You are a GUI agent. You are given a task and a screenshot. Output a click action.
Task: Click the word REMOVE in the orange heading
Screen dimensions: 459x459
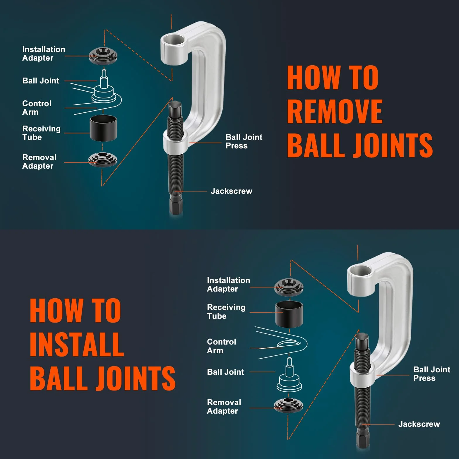tap(335, 111)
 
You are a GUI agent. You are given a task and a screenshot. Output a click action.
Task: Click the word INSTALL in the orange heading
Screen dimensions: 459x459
tap(77, 344)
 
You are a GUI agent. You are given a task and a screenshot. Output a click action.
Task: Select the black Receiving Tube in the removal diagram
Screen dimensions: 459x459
tap(103, 128)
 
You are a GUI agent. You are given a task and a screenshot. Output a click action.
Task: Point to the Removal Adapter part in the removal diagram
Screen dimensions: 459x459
tap(103, 160)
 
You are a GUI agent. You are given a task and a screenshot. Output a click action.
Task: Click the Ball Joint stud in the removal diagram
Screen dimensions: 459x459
tap(104, 79)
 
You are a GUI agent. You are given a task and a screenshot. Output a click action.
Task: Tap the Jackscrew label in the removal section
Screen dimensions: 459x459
tap(231, 191)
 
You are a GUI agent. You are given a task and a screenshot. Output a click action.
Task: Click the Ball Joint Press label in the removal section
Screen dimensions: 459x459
tap(244, 141)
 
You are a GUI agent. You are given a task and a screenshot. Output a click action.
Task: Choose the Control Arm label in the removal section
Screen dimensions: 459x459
tap(37, 108)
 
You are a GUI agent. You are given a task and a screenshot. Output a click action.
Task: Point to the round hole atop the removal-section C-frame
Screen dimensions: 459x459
tap(174, 40)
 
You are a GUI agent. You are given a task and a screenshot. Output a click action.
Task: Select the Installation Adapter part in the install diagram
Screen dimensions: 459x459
tap(289, 287)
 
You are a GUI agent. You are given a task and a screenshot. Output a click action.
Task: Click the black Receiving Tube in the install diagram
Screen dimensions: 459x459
tap(289, 314)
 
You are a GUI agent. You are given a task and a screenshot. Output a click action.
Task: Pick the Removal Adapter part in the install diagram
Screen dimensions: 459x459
tap(288, 405)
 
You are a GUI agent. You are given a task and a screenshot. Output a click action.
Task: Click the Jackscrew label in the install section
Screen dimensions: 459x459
tap(419, 424)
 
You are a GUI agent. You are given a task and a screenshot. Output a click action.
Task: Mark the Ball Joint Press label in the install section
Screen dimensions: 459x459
tap(432, 374)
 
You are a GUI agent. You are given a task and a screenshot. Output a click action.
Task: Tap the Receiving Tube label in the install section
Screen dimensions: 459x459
tap(226, 311)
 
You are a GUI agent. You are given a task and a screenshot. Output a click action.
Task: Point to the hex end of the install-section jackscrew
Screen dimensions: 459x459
tap(362, 439)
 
